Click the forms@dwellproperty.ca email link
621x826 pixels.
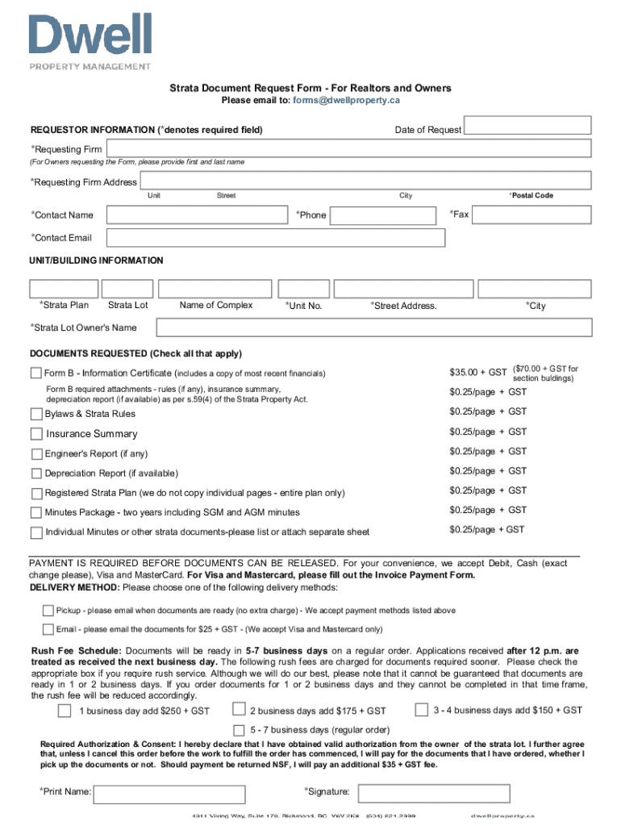pos(346,101)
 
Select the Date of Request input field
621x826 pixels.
pos(528,125)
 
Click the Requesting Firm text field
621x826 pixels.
pos(349,148)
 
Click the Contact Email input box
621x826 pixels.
pos(276,237)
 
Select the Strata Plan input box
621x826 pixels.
pos(64,289)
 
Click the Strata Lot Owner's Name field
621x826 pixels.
pos(373,327)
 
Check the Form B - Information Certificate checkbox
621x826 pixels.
pos(36,373)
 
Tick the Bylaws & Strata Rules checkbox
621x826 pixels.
pos(36,414)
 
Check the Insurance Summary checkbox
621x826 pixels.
pos(36,434)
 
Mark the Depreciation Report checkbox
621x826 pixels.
pos(36,473)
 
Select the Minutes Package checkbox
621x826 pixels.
pos(36,512)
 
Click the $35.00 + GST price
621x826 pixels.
pos(477,373)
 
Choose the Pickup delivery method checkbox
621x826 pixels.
pos(48,611)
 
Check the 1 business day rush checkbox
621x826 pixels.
pos(64,711)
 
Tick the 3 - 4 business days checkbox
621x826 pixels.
pos(421,710)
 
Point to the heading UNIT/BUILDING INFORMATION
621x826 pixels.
pos(97,261)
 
